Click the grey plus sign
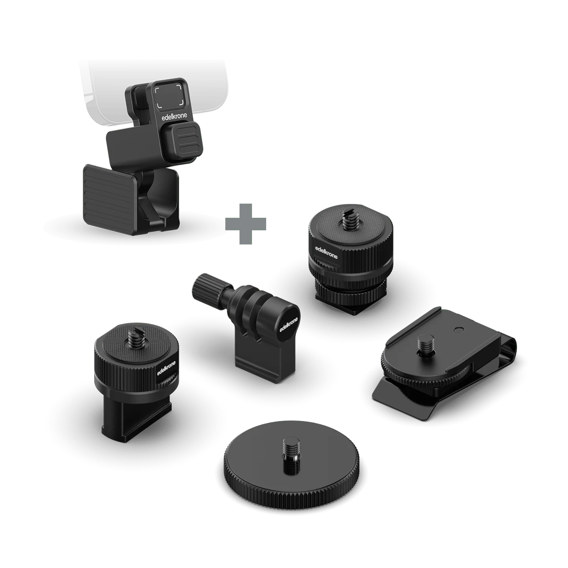245,224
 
